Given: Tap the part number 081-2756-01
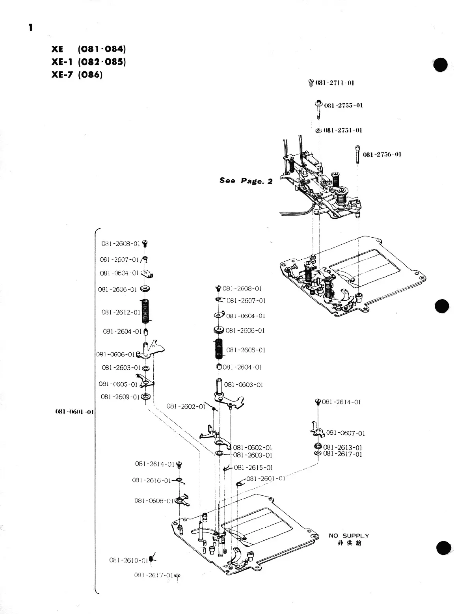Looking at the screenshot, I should (382, 154).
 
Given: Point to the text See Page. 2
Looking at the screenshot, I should (246, 181).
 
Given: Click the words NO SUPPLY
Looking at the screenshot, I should (349, 536).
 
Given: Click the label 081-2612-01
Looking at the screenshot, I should (121, 312).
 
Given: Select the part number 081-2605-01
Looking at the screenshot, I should (246, 350).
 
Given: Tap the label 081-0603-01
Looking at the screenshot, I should (243, 385).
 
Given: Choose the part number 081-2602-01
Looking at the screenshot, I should (186, 406).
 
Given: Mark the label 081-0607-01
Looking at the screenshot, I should (346, 433).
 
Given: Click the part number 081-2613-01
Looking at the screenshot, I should (342, 447).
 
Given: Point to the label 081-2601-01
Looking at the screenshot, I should (266, 478).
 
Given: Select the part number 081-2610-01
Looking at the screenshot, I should (128, 560).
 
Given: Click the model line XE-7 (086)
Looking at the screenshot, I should (77, 74).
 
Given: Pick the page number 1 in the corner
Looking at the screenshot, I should (30, 27).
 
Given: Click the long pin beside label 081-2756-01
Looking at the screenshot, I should (357, 155).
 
